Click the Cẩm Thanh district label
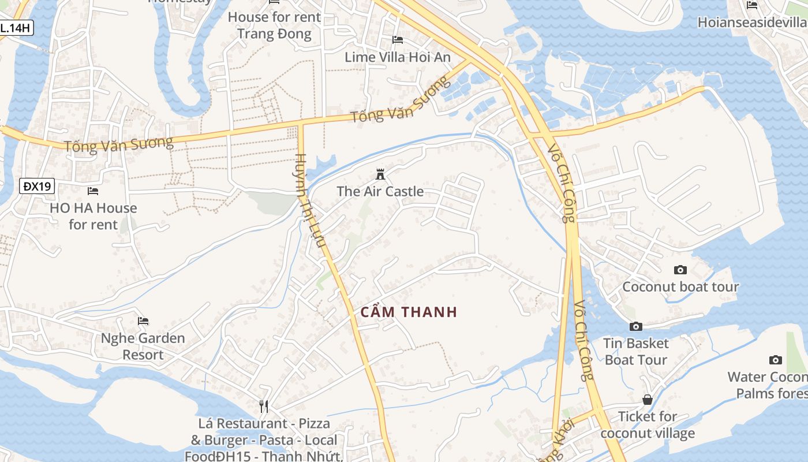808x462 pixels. click(409, 312)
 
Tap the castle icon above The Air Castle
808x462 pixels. click(380, 174)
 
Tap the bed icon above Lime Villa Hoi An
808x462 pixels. click(398, 40)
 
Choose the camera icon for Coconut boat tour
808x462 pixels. click(680, 270)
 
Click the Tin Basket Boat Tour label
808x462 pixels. click(636, 352)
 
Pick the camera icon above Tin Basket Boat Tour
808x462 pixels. click(636, 327)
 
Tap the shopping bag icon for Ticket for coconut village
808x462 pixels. click(648, 400)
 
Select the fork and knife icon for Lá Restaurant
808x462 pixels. click(264, 407)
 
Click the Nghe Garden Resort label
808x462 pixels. click(143, 346)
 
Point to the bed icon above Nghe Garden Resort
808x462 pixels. click(143, 321)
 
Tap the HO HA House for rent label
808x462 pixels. click(93, 216)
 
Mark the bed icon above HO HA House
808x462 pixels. click(93, 191)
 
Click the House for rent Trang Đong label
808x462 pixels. click(274, 25)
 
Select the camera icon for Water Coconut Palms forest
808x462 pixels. click(776, 360)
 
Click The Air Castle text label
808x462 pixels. click(380, 192)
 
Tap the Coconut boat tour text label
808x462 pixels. click(680, 287)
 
